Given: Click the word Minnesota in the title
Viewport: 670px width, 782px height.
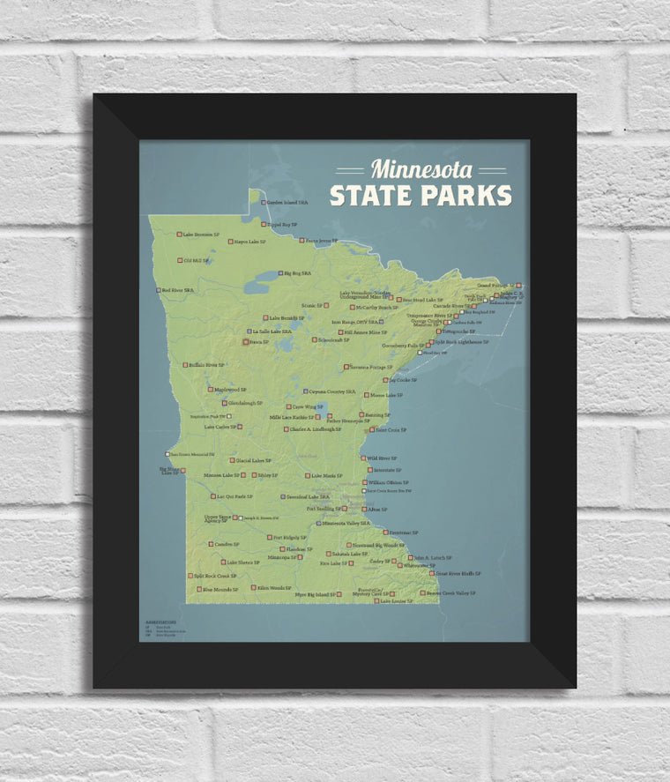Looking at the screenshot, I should click(421, 169).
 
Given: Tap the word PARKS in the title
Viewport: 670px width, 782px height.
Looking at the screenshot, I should click(465, 195).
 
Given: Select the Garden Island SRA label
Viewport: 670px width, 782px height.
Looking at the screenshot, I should click(283, 202).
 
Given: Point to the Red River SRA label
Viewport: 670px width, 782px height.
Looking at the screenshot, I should click(177, 290).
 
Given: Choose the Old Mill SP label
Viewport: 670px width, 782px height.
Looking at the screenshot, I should click(197, 261).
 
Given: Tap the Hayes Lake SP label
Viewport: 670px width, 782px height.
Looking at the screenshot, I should click(249, 242).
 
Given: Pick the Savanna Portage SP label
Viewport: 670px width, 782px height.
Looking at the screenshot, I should click(371, 367).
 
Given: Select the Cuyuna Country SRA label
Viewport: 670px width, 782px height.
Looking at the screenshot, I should click(332, 391).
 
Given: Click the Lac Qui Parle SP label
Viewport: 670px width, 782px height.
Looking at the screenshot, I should click(233, 496).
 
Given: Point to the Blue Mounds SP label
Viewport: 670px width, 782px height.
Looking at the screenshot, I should click(220, 589).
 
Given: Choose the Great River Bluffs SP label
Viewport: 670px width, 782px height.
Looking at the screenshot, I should click(458, 573).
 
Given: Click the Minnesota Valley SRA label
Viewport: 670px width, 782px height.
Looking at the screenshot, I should click(346, 523).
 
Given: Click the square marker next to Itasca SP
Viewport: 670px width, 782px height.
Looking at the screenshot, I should click(245, 342).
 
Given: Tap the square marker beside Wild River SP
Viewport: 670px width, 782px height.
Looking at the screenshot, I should click(362, 458).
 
